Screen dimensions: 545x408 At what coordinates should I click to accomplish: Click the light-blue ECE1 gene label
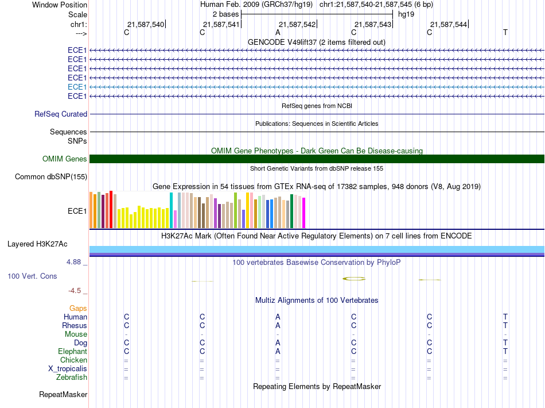(x=77, y=87)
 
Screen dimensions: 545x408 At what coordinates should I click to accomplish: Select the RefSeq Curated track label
(x=61, y=114)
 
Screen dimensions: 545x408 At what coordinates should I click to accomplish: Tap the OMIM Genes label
(x=65, y=159)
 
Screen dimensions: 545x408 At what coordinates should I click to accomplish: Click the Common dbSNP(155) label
(x=51, y=177)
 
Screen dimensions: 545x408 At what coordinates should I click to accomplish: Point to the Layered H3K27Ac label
(x=37, y=244)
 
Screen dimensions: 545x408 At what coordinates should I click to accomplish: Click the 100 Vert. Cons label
(x=32, y=276)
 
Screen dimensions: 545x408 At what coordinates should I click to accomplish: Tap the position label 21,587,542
(x=297, y=24)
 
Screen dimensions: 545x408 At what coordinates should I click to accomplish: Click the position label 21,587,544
(x=449, y=24)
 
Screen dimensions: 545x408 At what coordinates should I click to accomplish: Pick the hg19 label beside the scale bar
(x=406, y=14)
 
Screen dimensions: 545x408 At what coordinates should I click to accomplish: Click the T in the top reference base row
(x=505, y=32)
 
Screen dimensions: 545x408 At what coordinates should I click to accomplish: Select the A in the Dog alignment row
(x=278, y=342)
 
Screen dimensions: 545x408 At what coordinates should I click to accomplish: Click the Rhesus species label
(x=75, y=325)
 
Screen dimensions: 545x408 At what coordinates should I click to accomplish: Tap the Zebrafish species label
(x=72, y=378)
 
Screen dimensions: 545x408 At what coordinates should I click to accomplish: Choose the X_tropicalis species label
(x=68, y=369)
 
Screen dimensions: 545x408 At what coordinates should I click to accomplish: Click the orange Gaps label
(x=78, y=308)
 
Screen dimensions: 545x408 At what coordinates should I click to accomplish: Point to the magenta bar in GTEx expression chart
(x=304, y=213)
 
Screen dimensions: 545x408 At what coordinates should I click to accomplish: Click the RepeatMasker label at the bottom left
(x=63, y=394)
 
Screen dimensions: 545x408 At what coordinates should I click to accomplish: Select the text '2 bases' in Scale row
(x=226, y=14)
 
